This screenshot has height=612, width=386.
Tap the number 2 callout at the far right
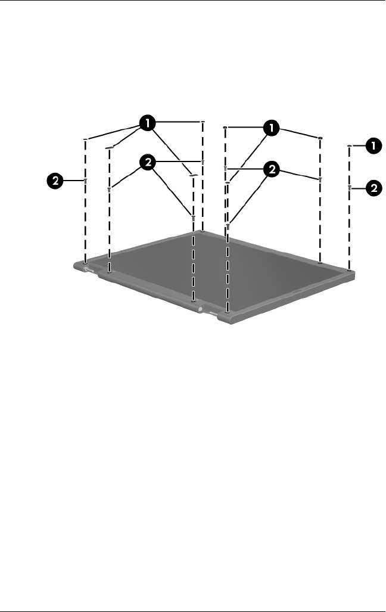coord(373,188)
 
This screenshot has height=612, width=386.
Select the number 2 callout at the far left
coord(55,181)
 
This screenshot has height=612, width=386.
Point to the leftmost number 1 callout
coord(147,124)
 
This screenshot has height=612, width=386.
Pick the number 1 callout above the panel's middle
coord(272,128)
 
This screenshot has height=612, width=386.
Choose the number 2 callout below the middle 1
coord(272,170)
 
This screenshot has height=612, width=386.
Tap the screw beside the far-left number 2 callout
coord(85,179)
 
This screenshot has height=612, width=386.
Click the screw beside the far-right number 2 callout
coord(349,188)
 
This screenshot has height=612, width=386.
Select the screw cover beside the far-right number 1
coord(349,145)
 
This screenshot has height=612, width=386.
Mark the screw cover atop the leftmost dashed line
coord(85,139)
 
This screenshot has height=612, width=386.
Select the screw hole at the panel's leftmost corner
coord(86,262)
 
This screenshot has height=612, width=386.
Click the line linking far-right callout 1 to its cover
coord(359,145)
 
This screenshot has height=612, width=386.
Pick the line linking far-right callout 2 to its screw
coord(359,188)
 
